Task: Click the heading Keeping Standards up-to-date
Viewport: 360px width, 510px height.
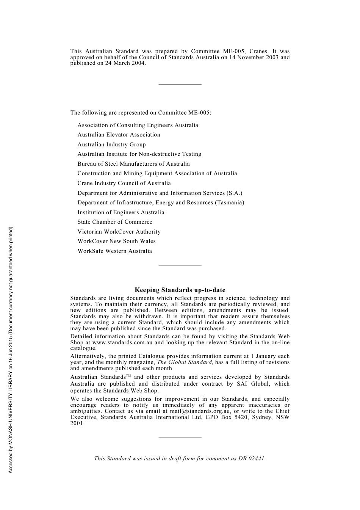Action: pos(180,290)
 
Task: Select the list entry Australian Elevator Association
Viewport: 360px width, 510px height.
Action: pos(119,135)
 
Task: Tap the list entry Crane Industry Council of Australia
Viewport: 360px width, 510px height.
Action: pos(124,183)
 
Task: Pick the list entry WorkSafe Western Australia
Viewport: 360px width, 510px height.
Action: pos(114,251)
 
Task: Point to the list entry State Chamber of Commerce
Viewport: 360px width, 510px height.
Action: pos(115,222)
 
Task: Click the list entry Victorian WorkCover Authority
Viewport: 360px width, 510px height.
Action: pos(119,232)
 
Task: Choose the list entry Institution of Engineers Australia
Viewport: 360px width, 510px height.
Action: pos(121,212)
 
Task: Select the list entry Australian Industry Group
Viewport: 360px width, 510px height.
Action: pos(111,144)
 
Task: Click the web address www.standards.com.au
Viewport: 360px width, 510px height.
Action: pos(122,342)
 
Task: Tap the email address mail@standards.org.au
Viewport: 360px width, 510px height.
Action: pos(200,411)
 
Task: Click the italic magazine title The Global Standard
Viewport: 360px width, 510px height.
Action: pos(184,362)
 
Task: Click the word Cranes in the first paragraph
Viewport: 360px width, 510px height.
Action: pos(258,51)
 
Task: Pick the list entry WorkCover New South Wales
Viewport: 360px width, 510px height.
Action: pos(116,241)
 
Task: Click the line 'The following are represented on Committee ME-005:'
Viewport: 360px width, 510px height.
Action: pos(141,113)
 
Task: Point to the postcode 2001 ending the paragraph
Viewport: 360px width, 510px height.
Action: pos(77,423)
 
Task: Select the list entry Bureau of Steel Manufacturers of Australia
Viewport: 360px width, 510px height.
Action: pos(133,164)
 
